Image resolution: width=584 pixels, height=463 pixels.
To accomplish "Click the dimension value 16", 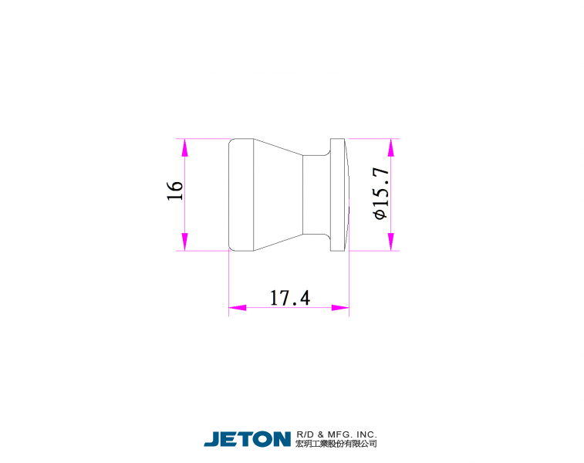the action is point(174,191).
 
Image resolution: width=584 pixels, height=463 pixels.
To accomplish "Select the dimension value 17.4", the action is point(289,298).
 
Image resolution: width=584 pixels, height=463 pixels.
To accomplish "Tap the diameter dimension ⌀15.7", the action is point(381,194).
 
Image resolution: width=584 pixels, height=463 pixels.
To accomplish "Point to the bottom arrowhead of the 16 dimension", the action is point(184,242).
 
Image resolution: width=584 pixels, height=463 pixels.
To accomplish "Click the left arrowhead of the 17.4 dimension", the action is point(238,308).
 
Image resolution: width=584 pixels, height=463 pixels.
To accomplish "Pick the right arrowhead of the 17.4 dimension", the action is point(340,308).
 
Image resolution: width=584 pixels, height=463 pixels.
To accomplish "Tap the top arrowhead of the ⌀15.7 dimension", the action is point(390,147).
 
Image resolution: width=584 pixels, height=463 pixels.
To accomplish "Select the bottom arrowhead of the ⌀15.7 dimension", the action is point(390,242).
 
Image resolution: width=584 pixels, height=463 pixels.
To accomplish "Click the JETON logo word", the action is point(248,439).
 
